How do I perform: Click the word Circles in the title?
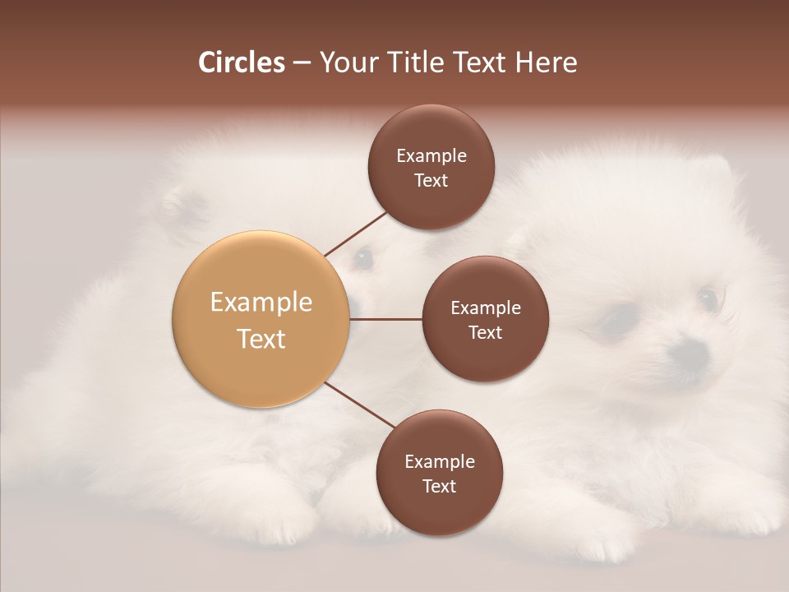click(242, 62)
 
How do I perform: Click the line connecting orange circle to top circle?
click(356, 234)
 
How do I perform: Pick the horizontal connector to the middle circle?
click(385, 319)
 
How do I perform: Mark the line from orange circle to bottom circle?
click(360, 405)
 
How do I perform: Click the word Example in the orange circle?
click(261, 303)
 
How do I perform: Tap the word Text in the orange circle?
click(261, 339)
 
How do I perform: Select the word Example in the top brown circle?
click(431, 156)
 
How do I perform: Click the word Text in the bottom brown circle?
click(439, 487)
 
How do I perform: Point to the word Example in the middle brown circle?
click(486, 308)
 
